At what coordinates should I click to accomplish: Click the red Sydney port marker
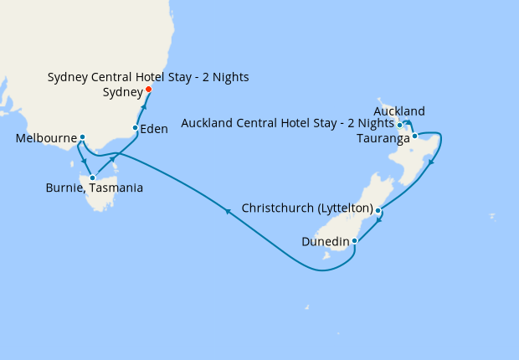pyautogui.click(x=148, y=90)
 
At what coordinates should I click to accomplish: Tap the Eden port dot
pyautogui.click(x=135, y=128)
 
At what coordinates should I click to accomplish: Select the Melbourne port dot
pyautogui.click(x=82, y=136)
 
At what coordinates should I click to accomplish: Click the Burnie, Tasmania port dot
pyautogui.click(x=92, y=177)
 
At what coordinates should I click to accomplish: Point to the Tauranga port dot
pyautogui.click(x=414, y=136)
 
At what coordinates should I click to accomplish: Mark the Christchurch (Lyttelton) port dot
pyautogui.click(x=378, y=210)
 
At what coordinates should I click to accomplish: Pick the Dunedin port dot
pyautogui.click(x=355, y=241)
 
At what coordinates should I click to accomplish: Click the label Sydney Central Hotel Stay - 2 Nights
pyautogui.click(x=148, y=78)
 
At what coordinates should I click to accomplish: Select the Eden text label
pyautogui.click(x=155, y=129)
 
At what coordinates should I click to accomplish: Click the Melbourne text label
pyautogui.click(x=46, y=137)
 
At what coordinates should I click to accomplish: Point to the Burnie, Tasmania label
pyautogui.click(x=94, y=188)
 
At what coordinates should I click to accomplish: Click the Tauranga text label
pyautogui.click(x=383, y=137)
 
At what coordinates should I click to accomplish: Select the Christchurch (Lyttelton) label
pyautogui.click(x=306, y=208)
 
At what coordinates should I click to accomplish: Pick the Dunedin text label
pyautogui.click(x=326, y=242)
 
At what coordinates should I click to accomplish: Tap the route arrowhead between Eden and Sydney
pyautogui.click(x=144, y=108)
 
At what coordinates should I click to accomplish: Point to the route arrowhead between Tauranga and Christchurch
pyautogui.click(x=431, y=162)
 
